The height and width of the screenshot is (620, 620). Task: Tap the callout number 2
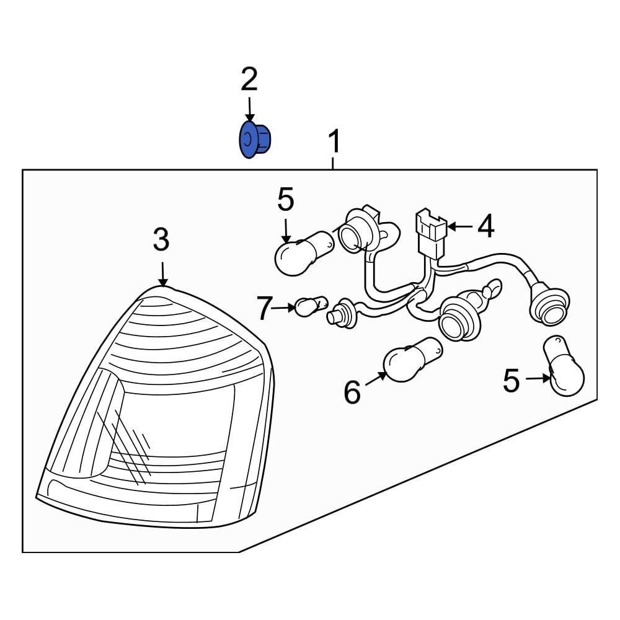tap(249, 79)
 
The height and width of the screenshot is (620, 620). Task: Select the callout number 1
tap(335, 141)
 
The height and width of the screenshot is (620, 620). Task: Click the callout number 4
tap(486, 226)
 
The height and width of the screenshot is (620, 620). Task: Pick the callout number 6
tap(352, 392)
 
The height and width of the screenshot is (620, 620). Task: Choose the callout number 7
tap(265, 308)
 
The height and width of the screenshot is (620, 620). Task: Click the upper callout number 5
tap(285, 200)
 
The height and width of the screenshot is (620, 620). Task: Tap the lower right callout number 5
tap(511, 381)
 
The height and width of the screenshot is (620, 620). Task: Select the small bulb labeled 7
tap(312, 306)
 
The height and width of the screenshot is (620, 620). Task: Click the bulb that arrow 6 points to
tap(413, 360)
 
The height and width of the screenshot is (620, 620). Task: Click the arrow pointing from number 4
tap(459, 226)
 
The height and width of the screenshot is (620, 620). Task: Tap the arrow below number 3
tap(162, 274)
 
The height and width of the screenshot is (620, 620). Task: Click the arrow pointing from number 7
tap(285, 308)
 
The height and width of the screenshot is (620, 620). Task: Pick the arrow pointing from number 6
tap(376, 378)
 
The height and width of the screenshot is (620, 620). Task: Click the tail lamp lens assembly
tap(156, 407)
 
